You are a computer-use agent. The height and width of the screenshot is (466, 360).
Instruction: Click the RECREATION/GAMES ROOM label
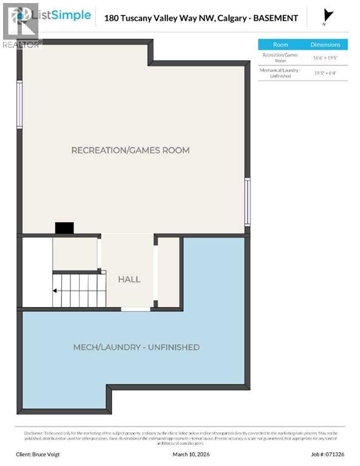click(x=131, y=150)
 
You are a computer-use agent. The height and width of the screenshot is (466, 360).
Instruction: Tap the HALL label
click(x=129, y=279)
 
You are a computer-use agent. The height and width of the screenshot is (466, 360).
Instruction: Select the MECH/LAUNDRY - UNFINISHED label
click(x=137, y=347)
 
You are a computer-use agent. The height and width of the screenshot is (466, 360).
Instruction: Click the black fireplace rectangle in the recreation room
click(x=64, y=228)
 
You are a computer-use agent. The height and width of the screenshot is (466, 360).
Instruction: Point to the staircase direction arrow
click(x=56, y=291)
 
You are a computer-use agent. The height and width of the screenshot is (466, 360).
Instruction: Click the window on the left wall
click(x=19, y=104)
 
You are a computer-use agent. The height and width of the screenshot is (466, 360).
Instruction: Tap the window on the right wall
click(x=247, y=201)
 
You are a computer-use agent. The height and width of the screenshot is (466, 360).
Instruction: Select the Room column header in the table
click(x=280, y=44)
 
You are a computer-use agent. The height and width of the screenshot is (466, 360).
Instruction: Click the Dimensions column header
click(x=325, y=44)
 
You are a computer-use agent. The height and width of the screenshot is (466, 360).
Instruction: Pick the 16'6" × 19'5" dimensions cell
click(x=326, y=58)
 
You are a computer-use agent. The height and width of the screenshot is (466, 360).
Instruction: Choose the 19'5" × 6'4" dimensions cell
click(x=326, y=73)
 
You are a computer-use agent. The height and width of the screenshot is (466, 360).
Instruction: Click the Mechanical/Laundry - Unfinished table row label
click(x=281, y=73)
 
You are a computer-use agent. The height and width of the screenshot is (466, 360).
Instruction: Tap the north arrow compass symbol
click(x=329, y=16)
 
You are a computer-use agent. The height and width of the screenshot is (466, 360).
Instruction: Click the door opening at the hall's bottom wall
click(x=135, y=309)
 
